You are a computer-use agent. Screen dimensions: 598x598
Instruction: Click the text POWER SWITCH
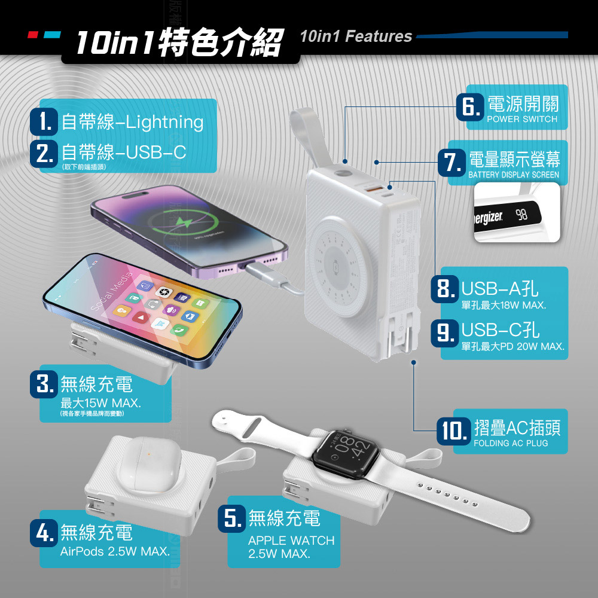tap(522, 119)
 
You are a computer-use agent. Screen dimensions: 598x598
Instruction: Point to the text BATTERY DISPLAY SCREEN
tap(514, 175)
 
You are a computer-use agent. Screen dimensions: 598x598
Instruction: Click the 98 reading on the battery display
tap(522, 215)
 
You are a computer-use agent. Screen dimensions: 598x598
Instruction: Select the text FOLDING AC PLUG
tap(511, 443)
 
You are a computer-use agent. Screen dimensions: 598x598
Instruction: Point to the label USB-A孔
tap(500, 291)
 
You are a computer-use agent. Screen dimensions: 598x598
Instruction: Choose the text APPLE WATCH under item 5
tap(291, 541)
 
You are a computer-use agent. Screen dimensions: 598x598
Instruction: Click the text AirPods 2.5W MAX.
tap(115, 551)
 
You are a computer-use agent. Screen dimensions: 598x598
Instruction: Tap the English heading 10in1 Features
tap(356, 36)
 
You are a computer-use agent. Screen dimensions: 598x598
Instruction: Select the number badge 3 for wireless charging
tap(45, 383)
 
